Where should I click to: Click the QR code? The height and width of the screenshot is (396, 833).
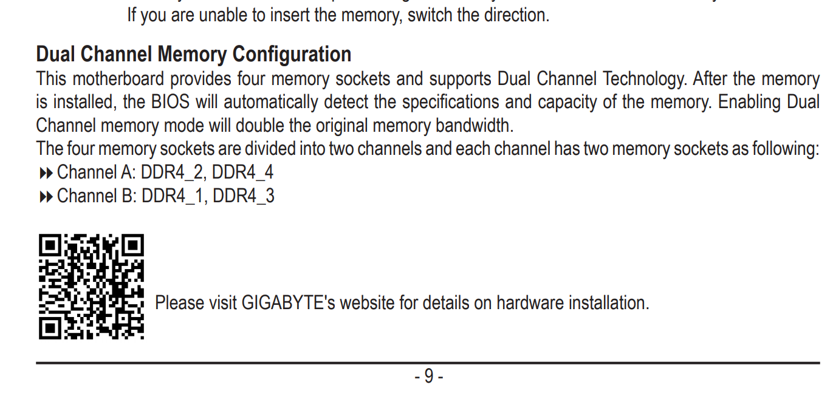tap(91, 286)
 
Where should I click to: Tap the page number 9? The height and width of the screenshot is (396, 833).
tap(429, 377)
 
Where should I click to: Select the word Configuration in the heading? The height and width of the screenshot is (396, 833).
tap(292, 55)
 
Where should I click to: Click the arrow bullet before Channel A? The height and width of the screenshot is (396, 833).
tap(46, 174)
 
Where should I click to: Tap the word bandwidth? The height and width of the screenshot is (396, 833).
tap(473, 126)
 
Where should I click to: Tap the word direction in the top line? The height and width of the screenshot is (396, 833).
tap(516, 15)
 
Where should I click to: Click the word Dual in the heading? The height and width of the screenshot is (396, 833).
tap(56, 55)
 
